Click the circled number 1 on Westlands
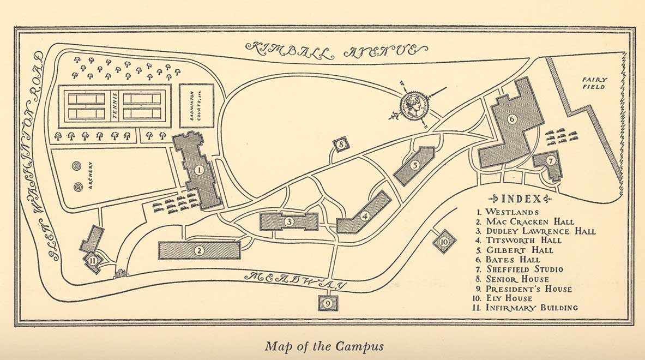199,170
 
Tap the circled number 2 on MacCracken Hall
200,250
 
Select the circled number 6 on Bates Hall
511,119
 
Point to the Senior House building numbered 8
340,145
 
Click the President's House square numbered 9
327,303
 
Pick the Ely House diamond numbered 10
444,241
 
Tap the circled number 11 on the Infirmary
93,261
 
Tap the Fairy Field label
598,83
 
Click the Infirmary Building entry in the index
527,308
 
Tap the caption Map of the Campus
324,346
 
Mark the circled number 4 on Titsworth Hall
365,215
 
